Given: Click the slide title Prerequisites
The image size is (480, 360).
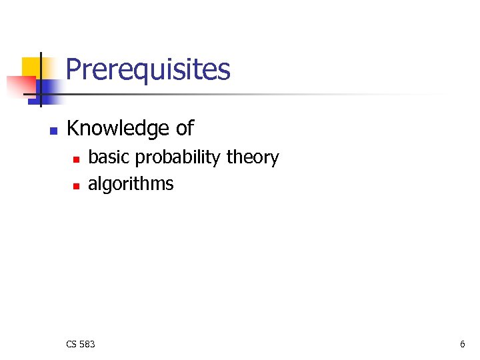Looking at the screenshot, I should (148, 69).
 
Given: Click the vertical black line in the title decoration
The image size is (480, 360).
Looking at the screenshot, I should (40, 79).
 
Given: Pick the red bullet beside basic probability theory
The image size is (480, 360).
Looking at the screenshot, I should (76, 159).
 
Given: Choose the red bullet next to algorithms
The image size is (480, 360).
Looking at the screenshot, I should (76, 185).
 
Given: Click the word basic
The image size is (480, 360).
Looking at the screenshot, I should (109, 157).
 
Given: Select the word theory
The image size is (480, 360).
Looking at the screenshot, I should (253, 158).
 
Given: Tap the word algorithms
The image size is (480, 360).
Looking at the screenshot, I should (131, 184).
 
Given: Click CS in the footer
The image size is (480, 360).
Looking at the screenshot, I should (72, 344).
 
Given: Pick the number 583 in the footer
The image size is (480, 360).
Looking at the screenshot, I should (87, 344).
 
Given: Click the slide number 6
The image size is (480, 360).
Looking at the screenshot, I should (462, 344).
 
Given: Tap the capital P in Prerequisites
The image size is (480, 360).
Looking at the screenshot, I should (74, 69).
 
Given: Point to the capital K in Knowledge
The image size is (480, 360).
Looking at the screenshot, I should (73, 128).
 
